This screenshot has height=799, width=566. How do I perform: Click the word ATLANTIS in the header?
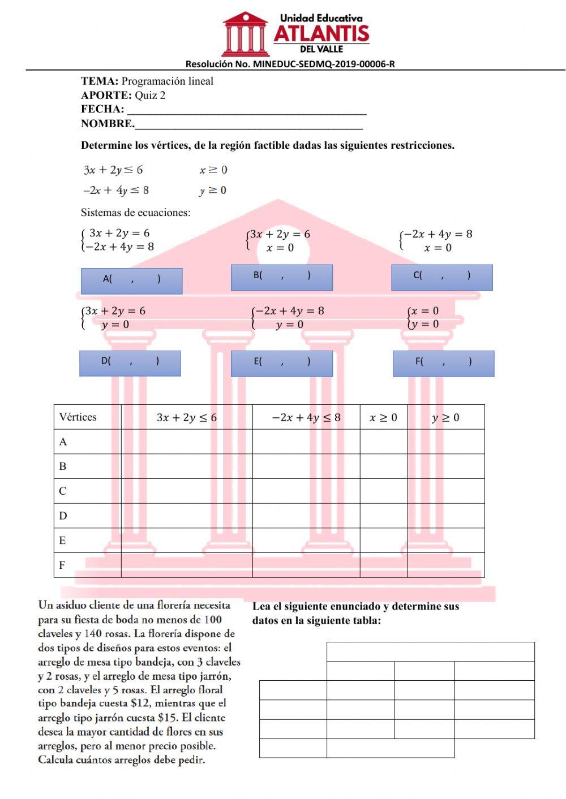coord(321,34)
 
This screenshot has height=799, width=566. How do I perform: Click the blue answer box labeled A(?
coord(131,280)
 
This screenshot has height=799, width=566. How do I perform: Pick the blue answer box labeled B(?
coord(281,277)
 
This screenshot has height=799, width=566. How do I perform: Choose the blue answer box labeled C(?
coord(441,277)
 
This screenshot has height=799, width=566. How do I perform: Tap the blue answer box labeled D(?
coord(130,363)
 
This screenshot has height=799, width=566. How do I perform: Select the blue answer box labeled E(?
coord(281,364)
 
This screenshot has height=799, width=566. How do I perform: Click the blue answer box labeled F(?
coord(443,364)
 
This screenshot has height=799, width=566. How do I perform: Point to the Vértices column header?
coord(78,417)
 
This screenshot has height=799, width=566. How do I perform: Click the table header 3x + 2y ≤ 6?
coord(186,418)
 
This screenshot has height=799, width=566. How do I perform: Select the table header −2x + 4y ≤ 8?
coord(306,418)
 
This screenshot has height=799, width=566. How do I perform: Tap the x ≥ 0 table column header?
coord(383,418)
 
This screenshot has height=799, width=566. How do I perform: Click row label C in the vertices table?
coord(63,491)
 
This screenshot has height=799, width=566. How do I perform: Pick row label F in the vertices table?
coord(62,565)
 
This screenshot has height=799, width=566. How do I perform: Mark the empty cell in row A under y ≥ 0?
coord(445,442)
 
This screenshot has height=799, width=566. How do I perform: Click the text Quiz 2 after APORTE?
coord(150,96)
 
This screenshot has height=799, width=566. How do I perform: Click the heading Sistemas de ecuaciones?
coord(135,213)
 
